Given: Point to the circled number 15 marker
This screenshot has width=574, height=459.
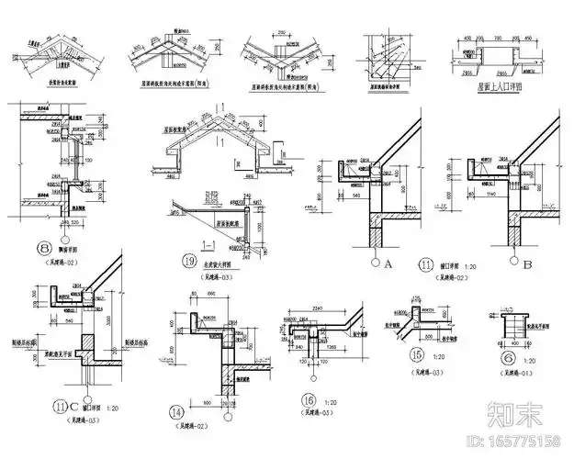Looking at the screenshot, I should tap(418, 353).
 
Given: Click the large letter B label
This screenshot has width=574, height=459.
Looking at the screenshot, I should tap(528, 265).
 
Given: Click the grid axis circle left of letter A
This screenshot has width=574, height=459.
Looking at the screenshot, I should tap(374, 262).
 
